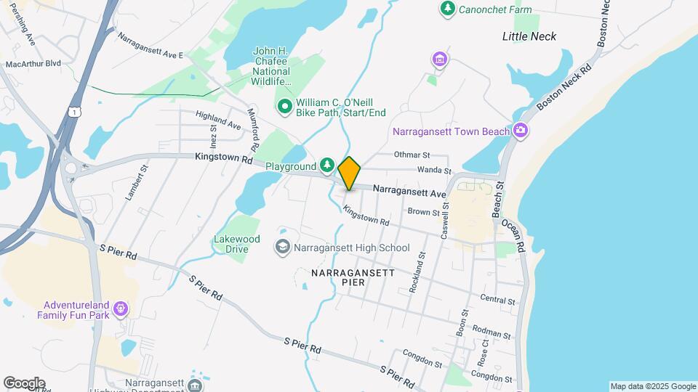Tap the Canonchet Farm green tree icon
click(447, 9)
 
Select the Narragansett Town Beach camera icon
click(520, 131)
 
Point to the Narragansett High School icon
click(281, 248)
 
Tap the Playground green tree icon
click(328, 166)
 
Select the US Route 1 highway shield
click(73, 110)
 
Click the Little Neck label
click(529, 36)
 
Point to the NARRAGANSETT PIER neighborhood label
click(353, 278)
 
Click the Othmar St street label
click(412, 155)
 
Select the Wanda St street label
click(430, 171)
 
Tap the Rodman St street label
click(487, 330)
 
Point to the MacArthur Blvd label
click(33, 64)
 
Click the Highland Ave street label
click(217, 121)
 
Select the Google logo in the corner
click(23, 383)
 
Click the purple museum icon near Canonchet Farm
click(438, 59)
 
